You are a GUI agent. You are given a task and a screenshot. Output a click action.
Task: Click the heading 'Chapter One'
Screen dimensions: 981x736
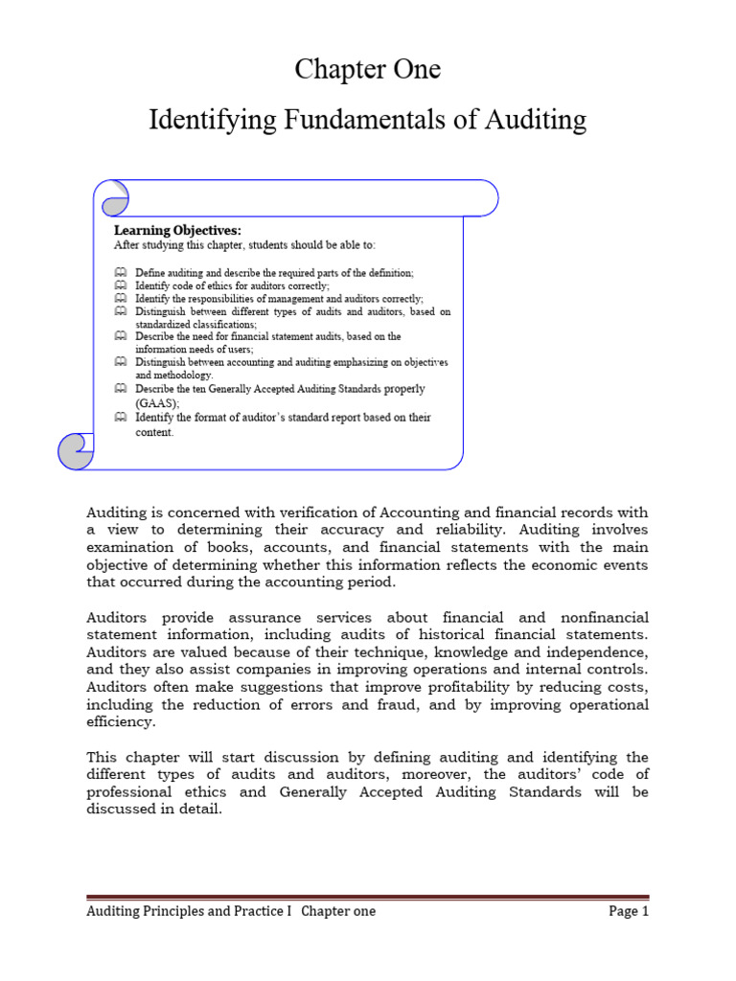367,69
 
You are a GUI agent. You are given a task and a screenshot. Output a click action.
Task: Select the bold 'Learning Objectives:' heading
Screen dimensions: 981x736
177,230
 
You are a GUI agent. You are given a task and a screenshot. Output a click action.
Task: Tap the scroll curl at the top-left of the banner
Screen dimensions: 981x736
114,197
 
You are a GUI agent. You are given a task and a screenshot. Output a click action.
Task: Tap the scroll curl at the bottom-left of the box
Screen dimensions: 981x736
76,450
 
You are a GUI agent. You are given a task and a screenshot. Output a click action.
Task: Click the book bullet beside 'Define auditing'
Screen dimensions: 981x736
120,273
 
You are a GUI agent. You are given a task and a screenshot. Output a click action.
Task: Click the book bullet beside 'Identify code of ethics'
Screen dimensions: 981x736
120,285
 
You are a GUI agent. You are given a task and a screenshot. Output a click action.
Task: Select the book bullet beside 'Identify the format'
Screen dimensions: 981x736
120,418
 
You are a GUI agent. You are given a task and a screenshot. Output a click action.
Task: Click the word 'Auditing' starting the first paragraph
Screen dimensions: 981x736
118,512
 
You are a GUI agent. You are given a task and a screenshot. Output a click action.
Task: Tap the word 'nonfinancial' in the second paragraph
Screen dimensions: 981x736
602,617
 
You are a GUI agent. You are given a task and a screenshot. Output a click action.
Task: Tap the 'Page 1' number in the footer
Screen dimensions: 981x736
629,911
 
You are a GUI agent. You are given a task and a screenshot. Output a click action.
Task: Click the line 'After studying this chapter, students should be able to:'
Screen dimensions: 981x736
244,245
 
